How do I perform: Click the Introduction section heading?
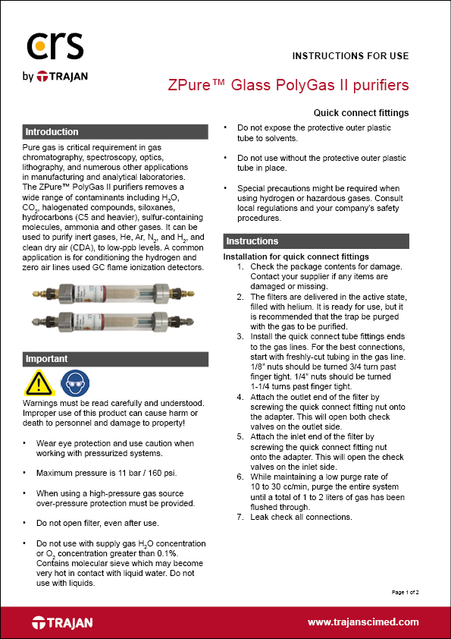point(52,132)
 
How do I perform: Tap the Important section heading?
point(47,359)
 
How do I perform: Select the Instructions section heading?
point(252,241)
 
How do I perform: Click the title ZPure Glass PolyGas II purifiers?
point(288,83)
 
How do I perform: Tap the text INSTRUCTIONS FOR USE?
point(350,55)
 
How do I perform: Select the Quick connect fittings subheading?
point(361,113)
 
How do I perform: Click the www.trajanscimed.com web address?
point(363,622)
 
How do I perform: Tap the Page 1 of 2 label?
point(405,590)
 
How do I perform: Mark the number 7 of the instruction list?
point(240,517)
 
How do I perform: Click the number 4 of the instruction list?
point(240,397)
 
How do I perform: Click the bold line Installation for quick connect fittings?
point(296,257)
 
